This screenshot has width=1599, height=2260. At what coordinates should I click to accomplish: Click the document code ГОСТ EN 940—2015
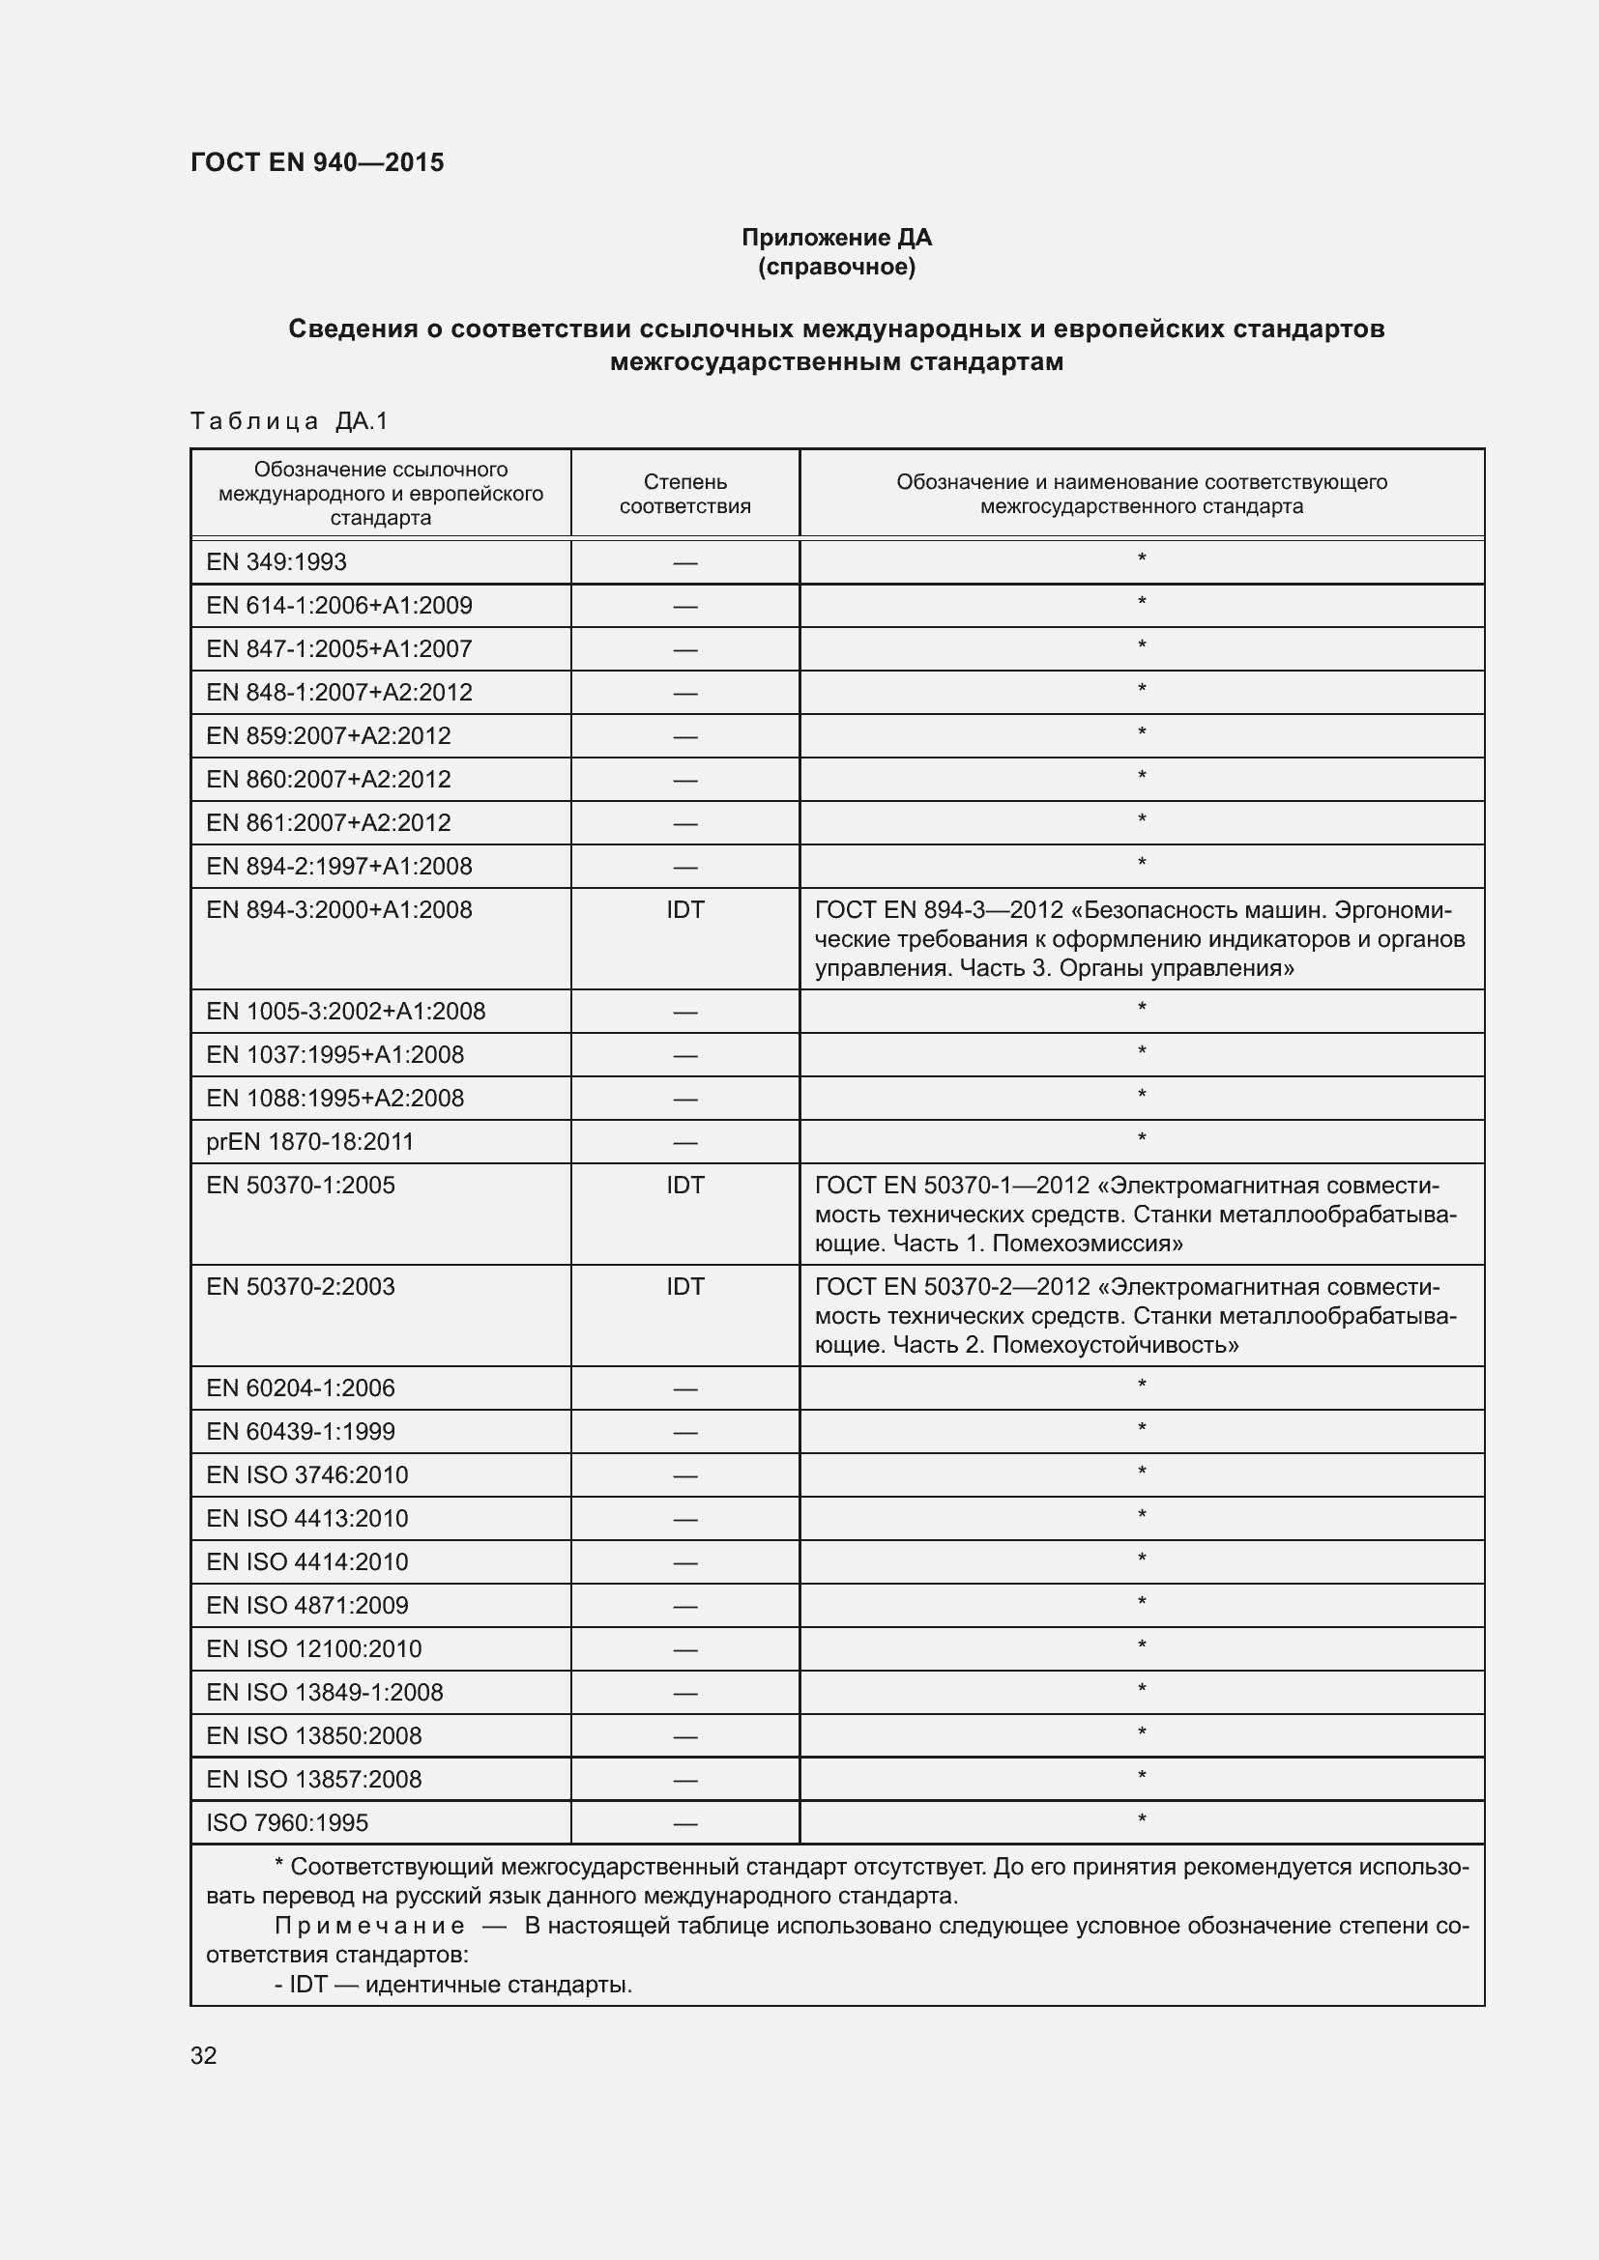[x=317, y=163]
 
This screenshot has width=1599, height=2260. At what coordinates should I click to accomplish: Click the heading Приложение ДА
[x=836, y=238]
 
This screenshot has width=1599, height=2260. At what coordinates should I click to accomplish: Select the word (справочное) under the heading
[x=836, y=268]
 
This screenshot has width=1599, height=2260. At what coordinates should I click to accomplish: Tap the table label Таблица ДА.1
[x=289, y=421]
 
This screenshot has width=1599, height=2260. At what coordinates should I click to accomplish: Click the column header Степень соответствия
[x=684, y=494]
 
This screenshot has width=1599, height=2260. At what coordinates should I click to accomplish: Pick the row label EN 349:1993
[x=276, y=562]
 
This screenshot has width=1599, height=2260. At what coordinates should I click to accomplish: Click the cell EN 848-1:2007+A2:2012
[x=338, y=692]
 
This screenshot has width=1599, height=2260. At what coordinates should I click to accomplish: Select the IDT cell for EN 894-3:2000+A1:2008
[x=684, y=909]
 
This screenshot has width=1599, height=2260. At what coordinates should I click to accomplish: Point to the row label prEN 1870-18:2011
[x=309, y=1142]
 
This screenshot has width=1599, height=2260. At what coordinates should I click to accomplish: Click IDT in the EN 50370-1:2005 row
[x=684, y=1186]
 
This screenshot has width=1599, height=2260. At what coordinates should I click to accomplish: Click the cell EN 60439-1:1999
[x=301, y=1431]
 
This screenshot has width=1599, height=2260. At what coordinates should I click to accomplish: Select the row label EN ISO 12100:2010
[x=313, y=1648]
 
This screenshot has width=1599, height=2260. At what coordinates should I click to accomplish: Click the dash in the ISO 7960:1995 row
[x=684, y=1824]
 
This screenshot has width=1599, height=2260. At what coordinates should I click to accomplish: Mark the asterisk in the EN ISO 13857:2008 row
[x=1141, y=1778]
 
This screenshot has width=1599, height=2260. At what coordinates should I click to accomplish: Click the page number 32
[x=204, y=2055]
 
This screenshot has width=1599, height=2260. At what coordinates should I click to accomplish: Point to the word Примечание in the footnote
[x=369, y=1927]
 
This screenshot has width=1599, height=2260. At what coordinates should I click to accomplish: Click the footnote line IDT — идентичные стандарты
[x=452, y=1985]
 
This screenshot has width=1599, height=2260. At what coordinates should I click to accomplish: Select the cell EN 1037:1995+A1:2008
[x=334, y=1055]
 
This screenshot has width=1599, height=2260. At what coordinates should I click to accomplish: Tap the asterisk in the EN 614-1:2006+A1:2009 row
[x=1141, y=603]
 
